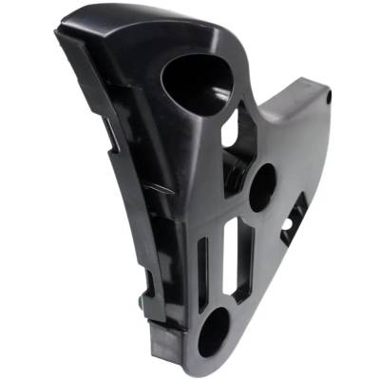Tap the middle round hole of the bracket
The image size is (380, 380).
[x=260, y=186]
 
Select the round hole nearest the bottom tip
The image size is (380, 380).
[x=213, y=330]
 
